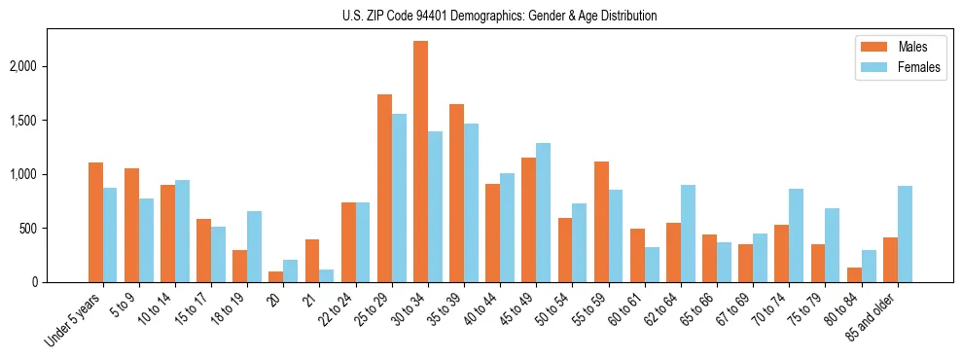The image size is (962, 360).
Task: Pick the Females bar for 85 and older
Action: pos(905,234)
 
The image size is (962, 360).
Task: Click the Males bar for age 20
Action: pos(276,277)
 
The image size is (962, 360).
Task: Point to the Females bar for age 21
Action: pos(327,276)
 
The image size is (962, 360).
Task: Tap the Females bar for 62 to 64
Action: pos(687,234)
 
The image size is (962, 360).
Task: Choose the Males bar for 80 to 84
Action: pos(853,275)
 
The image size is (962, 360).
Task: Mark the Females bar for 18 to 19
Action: pos(255,246)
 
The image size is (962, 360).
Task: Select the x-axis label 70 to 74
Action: pos(769,310)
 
